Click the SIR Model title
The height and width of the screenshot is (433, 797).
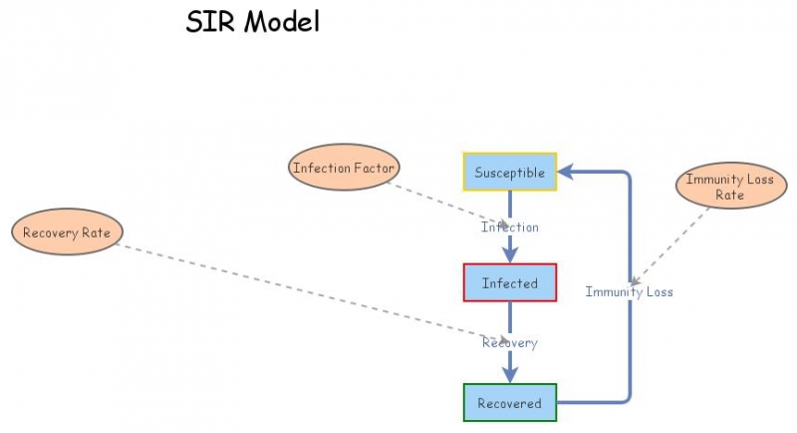253,22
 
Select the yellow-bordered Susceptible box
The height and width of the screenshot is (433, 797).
509,173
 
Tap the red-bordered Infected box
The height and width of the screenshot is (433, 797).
509,283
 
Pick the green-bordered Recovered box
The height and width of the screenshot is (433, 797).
509,403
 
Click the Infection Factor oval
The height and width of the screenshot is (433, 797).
344,168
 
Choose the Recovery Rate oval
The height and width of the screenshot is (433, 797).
67,232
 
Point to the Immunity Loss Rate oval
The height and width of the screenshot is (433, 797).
729,187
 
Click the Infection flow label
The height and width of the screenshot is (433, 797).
509,227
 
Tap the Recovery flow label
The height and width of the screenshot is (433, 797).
509,343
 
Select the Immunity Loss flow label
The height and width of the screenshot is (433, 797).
629,292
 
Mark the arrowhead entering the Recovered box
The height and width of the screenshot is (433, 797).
509,376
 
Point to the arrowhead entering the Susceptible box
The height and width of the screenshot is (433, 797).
564,173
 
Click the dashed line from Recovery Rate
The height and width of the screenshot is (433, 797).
299,290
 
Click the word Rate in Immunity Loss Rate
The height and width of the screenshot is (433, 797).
729,196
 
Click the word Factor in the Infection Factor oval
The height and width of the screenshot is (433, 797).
372,168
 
